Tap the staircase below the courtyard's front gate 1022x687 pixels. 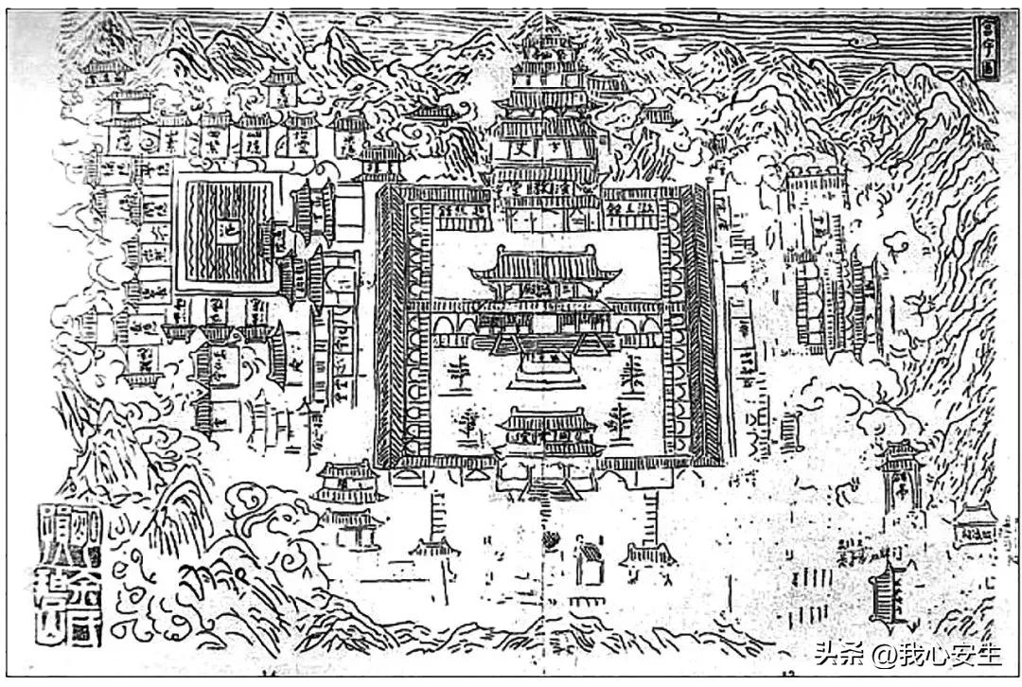pyautogui.click(x=549, y=487)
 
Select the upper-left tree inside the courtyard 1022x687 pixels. pyautogui.click(x=460, y=369)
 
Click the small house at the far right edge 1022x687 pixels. pyautogui.click(x=975, y=526)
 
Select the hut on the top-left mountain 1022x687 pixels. pyautogui.click(x=106, y=71)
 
